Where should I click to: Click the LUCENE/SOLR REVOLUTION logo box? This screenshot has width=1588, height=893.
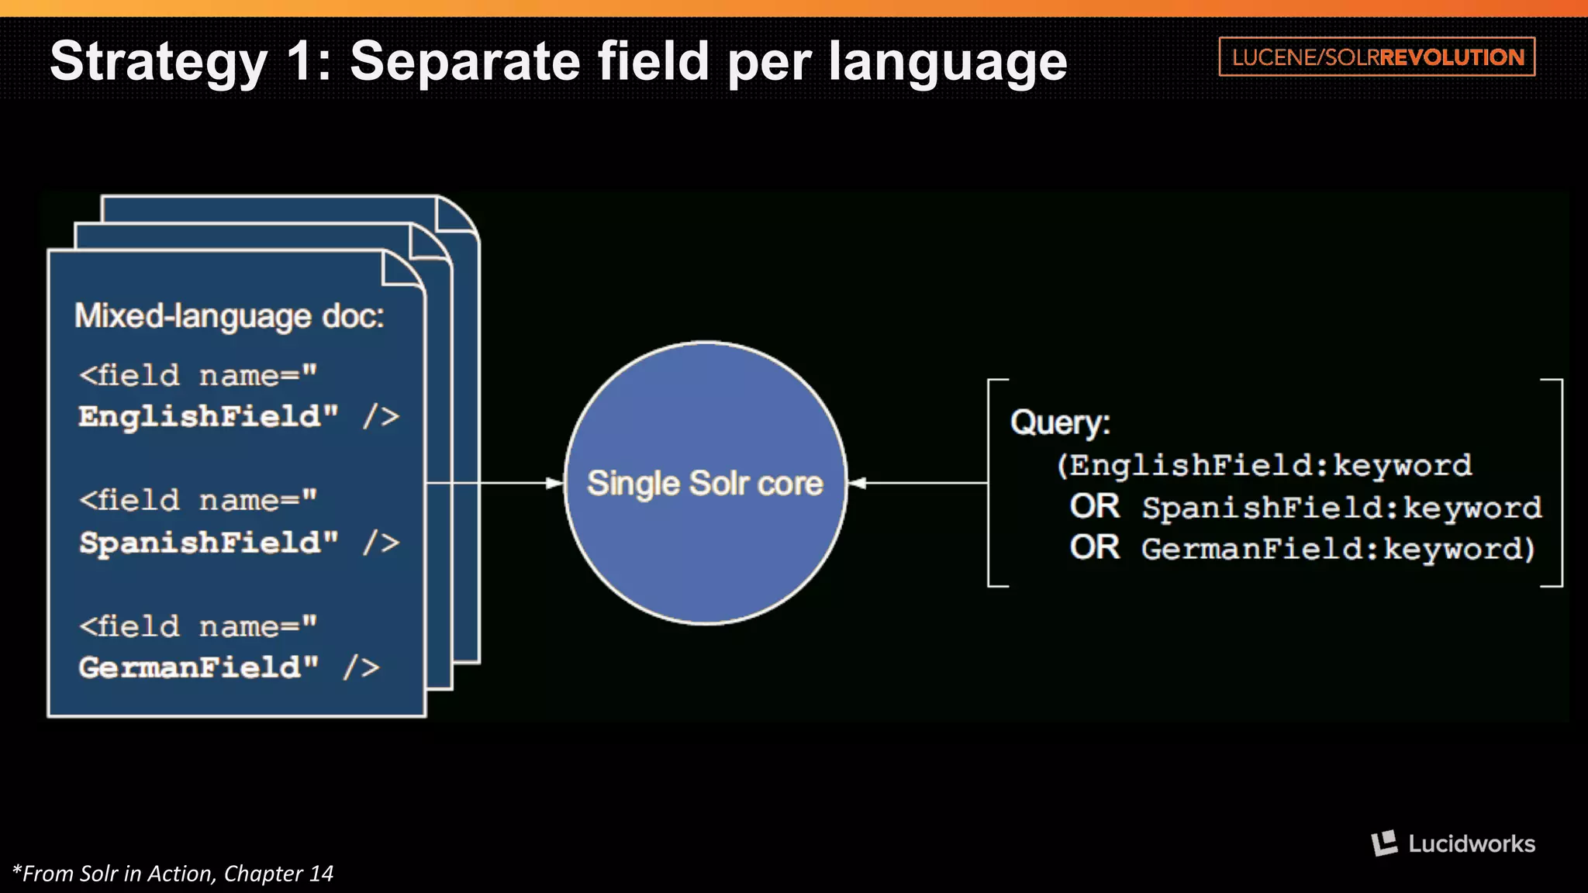point(1377,57)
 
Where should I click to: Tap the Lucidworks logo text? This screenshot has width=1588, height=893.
point(1471,843)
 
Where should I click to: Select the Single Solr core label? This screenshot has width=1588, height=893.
point(705,483)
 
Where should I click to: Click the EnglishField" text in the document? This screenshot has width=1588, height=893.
point(209,417)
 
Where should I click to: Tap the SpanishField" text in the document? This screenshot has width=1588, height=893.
point(209,543)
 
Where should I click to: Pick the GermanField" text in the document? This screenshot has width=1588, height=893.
point(198,667)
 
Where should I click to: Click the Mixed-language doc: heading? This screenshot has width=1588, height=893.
point(229,316)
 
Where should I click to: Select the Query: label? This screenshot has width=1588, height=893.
point(1060,423)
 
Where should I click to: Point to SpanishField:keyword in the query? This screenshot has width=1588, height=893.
point(1341,508)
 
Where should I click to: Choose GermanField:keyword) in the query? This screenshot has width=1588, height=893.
point(1338,549)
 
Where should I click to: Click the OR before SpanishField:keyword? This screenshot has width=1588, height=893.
point(1094,507)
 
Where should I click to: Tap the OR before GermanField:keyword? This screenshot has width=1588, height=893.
point(1094,548)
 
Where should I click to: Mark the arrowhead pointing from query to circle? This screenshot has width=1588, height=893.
point(857,483)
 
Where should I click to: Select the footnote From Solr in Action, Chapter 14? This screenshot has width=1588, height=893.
point(173,874)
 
